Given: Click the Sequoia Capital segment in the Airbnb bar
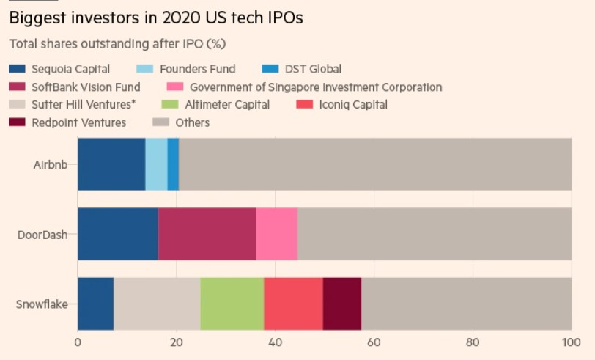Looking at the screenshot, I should pos(111,164).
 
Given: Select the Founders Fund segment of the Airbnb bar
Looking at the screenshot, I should pos(156,164).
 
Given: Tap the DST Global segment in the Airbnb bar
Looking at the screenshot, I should pos(173,164).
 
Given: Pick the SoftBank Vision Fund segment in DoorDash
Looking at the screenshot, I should pos(207,234).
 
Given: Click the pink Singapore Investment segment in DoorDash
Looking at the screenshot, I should pos(276,234).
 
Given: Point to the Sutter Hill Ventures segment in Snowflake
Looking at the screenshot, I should pos(157,304).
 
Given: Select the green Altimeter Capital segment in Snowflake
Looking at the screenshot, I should pos(232,304).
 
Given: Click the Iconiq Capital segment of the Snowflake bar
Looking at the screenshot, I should pos(293,304).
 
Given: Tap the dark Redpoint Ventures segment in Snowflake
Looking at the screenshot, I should pos(342,304).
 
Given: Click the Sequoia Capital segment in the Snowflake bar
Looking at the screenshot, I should pos(95,304).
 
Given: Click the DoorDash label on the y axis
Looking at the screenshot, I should pos(45,235).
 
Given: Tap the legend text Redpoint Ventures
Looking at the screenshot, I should pos(78,122).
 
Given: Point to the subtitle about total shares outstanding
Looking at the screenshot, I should pos(117,44).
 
